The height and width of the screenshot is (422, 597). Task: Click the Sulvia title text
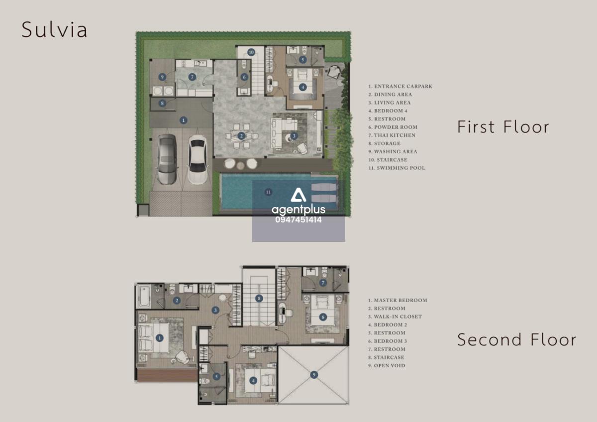click(x=54, y=29)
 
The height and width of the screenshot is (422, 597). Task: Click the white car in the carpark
click(x=197, y=160)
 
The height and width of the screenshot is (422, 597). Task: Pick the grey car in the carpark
click(x=167, y=159)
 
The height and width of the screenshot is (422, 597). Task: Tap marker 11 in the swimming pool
click(x=268, y=192)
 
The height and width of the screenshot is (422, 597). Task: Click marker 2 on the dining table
click(x=241, y=136)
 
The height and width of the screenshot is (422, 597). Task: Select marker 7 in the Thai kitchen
click(x=192, y=77)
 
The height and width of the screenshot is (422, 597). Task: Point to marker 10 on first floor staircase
click(x=251, y=52)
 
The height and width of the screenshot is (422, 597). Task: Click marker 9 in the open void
click(x=314, y=375)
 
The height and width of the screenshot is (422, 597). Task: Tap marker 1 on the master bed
click(x=160, y=338)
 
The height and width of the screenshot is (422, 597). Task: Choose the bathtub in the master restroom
click(x=143, y=296)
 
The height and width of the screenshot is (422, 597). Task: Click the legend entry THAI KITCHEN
click(x=392, y=135)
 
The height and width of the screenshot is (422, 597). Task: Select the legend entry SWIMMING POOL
click(x=397, y=168)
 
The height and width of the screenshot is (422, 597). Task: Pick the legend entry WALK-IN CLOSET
click(x=395, y=316)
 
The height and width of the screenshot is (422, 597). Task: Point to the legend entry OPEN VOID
click(x=387, y=365)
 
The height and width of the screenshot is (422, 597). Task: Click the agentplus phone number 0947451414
click(x=298, y=220)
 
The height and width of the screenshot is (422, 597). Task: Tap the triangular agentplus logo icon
click(x=298, y=195)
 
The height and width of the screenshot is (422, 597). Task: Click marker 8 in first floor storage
click(x=162, y=103)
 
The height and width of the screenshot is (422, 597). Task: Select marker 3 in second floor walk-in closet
click(x=215, y=310)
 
